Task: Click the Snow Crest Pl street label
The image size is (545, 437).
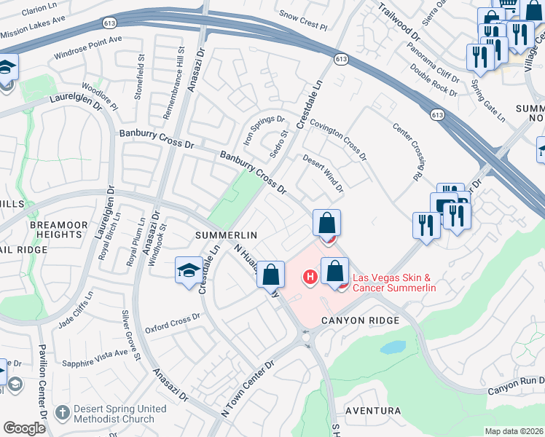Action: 304,16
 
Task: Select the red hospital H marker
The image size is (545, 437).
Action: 310,277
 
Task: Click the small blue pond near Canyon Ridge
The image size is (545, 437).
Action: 393,347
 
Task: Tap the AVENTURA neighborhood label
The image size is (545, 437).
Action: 373,411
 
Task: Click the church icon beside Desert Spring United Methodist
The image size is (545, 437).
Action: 63,413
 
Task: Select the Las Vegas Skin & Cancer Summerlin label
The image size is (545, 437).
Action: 394,283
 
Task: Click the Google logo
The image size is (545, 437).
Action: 24,428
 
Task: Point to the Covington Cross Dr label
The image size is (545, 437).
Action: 338,137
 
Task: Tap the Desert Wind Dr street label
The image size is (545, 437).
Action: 323,175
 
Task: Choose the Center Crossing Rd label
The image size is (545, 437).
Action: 408,151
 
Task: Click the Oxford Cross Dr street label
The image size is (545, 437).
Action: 172,320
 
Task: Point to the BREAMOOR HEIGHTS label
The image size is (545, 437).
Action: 55,230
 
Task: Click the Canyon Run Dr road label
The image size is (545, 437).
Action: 516,382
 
